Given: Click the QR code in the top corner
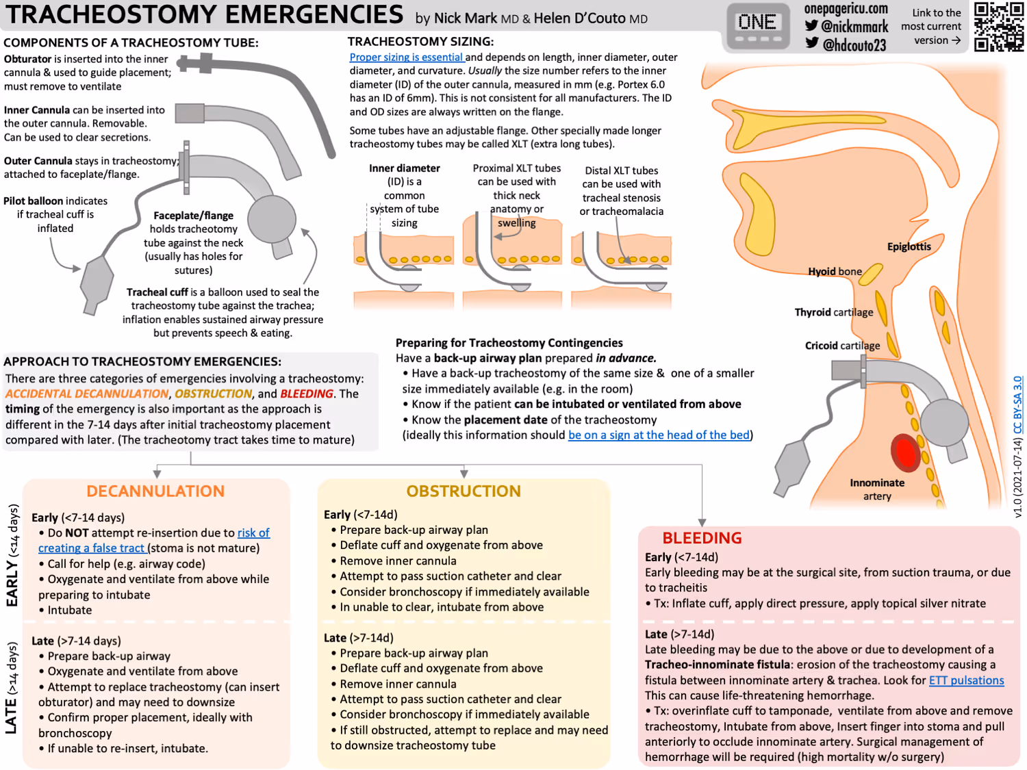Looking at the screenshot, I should pos(998,27).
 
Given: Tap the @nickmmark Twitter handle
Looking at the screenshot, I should pos(847,27).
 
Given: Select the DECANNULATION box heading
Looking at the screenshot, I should pos(155,491).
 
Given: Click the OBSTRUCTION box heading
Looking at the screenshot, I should pos(464,491).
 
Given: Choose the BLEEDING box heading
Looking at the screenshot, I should pos(702,538).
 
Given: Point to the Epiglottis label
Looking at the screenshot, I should pos(909,246).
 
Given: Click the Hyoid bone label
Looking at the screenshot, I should pos(835,271).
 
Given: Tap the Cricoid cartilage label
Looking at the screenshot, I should pos(842,346).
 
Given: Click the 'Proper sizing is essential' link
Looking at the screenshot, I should pos(406,57).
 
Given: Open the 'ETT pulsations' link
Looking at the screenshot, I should pos(966,680).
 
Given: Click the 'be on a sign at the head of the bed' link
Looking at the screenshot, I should pos(659,435).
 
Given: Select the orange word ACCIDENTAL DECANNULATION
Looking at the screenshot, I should pos(87,394).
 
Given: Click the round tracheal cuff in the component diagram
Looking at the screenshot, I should pos(272,219).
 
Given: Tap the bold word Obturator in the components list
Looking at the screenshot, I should pos(27,60).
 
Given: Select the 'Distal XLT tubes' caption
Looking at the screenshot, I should pos(621,170).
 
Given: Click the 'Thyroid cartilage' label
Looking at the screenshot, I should pos(833,312).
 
